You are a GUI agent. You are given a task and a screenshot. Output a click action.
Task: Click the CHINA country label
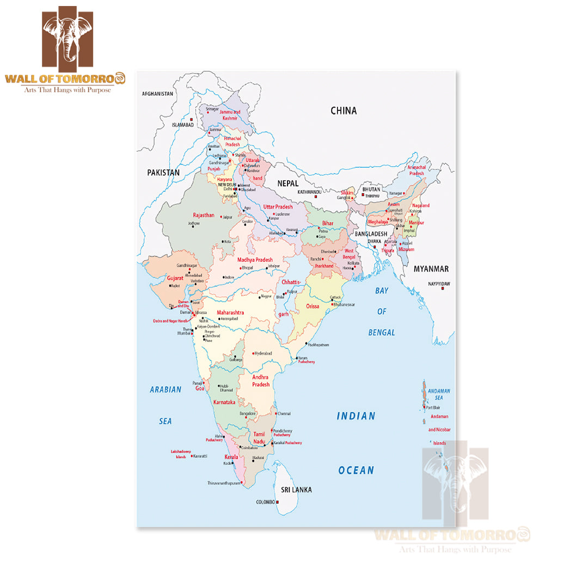point(344,111)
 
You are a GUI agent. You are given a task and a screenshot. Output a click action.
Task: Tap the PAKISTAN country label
point(163,172)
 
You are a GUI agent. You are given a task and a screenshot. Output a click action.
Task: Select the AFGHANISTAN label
point(157,94)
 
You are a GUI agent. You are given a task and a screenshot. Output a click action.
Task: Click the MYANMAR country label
point(431,269)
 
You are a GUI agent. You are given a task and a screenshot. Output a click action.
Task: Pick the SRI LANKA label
point(296,489)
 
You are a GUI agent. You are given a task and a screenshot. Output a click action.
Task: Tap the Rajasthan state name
point(204,215)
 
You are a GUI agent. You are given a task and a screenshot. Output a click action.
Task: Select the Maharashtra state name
point(230,313)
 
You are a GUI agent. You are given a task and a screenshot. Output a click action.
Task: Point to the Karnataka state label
point(224,402)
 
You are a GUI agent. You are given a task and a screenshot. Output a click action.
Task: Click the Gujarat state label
point(175,278)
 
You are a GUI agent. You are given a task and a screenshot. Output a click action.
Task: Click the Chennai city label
point(284,414)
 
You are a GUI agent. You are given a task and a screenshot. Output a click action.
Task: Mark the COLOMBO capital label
point(265,502)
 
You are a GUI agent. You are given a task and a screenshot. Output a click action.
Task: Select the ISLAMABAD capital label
point(182,125)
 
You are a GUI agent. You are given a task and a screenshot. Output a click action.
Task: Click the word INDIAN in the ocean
point(356,416)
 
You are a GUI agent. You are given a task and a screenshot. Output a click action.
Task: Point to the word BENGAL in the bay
point(382,332)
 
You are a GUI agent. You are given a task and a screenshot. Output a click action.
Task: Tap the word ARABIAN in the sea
point(166,389)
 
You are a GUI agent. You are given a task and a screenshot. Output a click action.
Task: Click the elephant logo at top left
point(68,37)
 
